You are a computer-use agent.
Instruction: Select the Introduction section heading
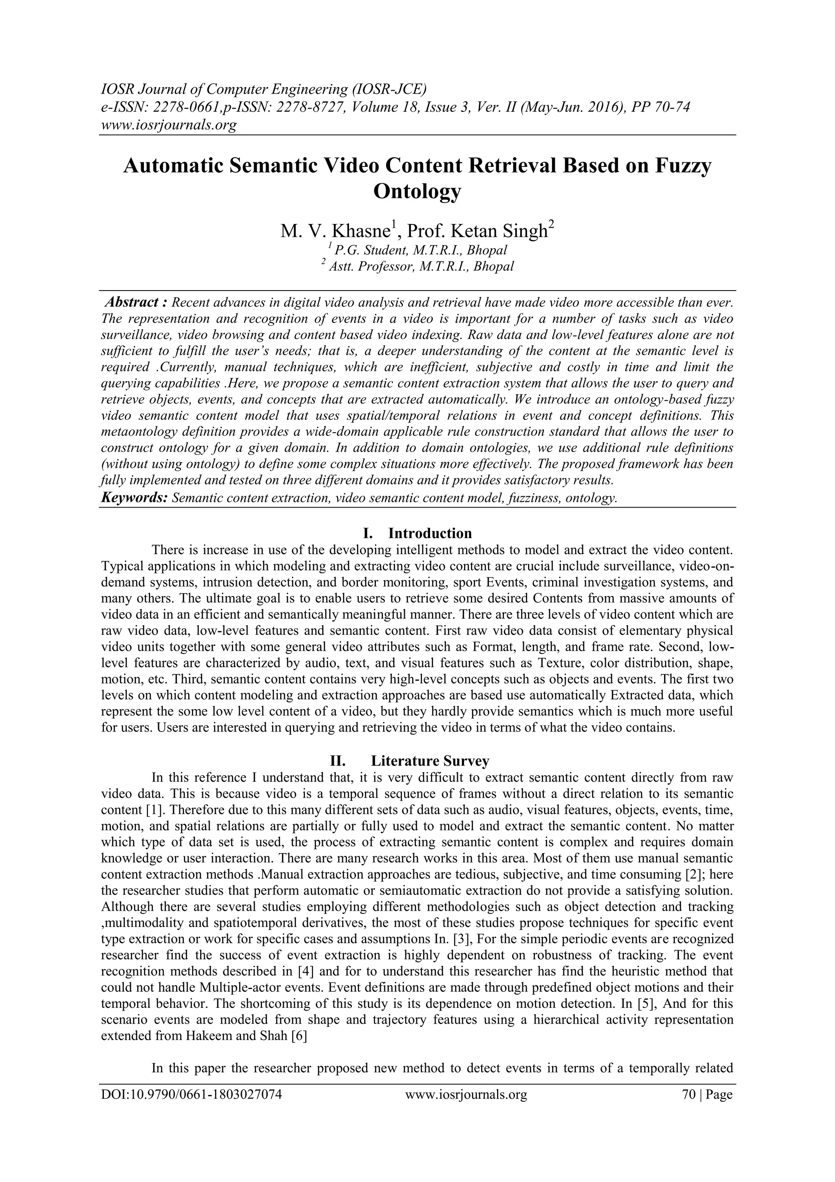click(430, 533)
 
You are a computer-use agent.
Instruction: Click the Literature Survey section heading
click(430, 761)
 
